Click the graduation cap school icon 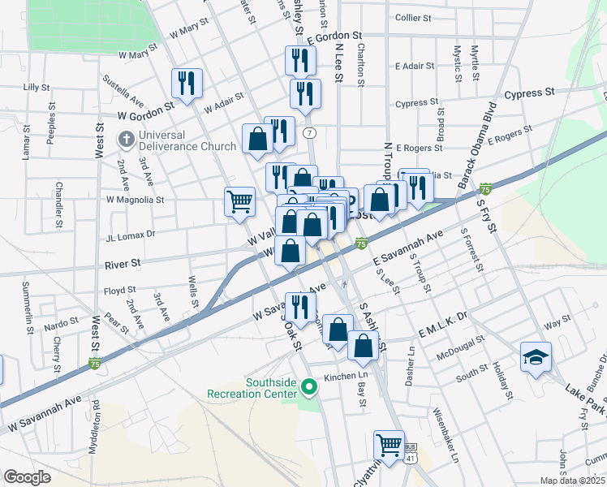(536, 357)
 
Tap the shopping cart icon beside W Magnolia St (239, 201)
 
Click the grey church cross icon (126, 140)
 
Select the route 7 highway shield (308, 132)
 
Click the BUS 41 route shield (410, 453)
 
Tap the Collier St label (417, 16)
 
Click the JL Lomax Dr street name (130, 233)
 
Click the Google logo (28, 476)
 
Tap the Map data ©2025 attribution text (571, 481)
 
